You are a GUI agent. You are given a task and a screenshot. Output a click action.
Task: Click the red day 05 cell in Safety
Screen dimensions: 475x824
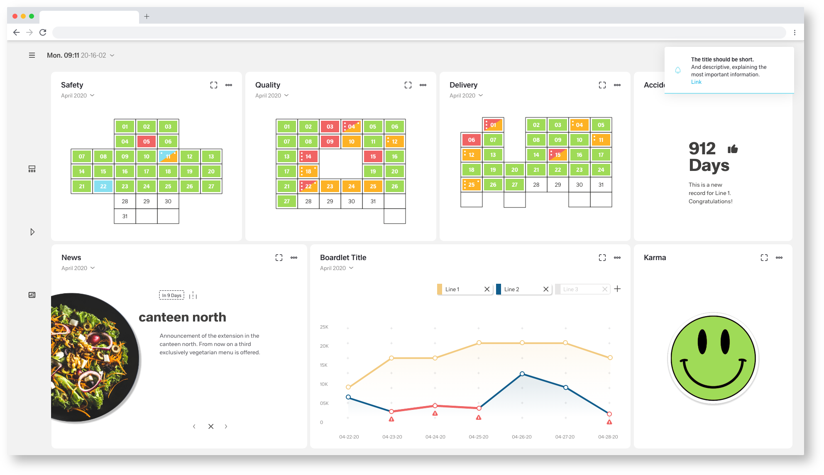click(x=147, y=141)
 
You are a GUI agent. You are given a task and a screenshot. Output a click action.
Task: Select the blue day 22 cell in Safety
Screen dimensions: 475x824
click(x=103, y=186)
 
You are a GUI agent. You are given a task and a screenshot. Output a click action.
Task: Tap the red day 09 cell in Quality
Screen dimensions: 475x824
click(x=330, y=141)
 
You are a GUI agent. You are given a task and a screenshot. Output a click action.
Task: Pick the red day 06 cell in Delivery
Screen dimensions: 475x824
click(x=472, y=140)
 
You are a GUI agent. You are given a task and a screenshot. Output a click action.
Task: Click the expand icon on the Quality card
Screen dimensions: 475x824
click(x=408, y=85)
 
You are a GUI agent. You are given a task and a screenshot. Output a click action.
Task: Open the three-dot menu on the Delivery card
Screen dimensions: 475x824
click(x=617, y=85)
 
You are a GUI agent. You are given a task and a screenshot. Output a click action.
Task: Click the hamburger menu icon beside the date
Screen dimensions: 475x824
click(x=32, y=55)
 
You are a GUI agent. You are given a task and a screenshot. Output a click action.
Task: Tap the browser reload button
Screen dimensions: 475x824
click(x=43, y=32)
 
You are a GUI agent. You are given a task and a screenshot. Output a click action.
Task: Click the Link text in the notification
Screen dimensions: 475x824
click(x=696, y=82)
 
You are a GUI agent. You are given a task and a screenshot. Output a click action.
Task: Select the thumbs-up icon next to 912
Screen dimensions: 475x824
click(x=733, y=149)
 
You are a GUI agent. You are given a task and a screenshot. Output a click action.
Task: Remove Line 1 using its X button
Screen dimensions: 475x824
click(x=487, y=289)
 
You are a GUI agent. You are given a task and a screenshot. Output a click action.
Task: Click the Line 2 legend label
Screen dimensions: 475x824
click(x=511, y=289)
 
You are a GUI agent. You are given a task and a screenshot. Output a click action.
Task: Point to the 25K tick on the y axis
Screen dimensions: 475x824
click(x=324, y=327)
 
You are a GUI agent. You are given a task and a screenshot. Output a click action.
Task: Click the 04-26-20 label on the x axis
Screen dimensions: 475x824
click(x=522, y=437)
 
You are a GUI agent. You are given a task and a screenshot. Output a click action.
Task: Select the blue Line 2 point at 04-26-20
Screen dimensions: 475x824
click(x=522, y=374)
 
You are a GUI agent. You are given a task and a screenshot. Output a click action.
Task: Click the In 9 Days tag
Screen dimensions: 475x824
click(x=171, y=295)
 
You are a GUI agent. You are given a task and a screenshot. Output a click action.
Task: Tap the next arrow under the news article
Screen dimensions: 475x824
click(x=226, y=426)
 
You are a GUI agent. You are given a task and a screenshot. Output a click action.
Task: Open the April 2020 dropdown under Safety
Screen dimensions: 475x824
click(x=78, y=95)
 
